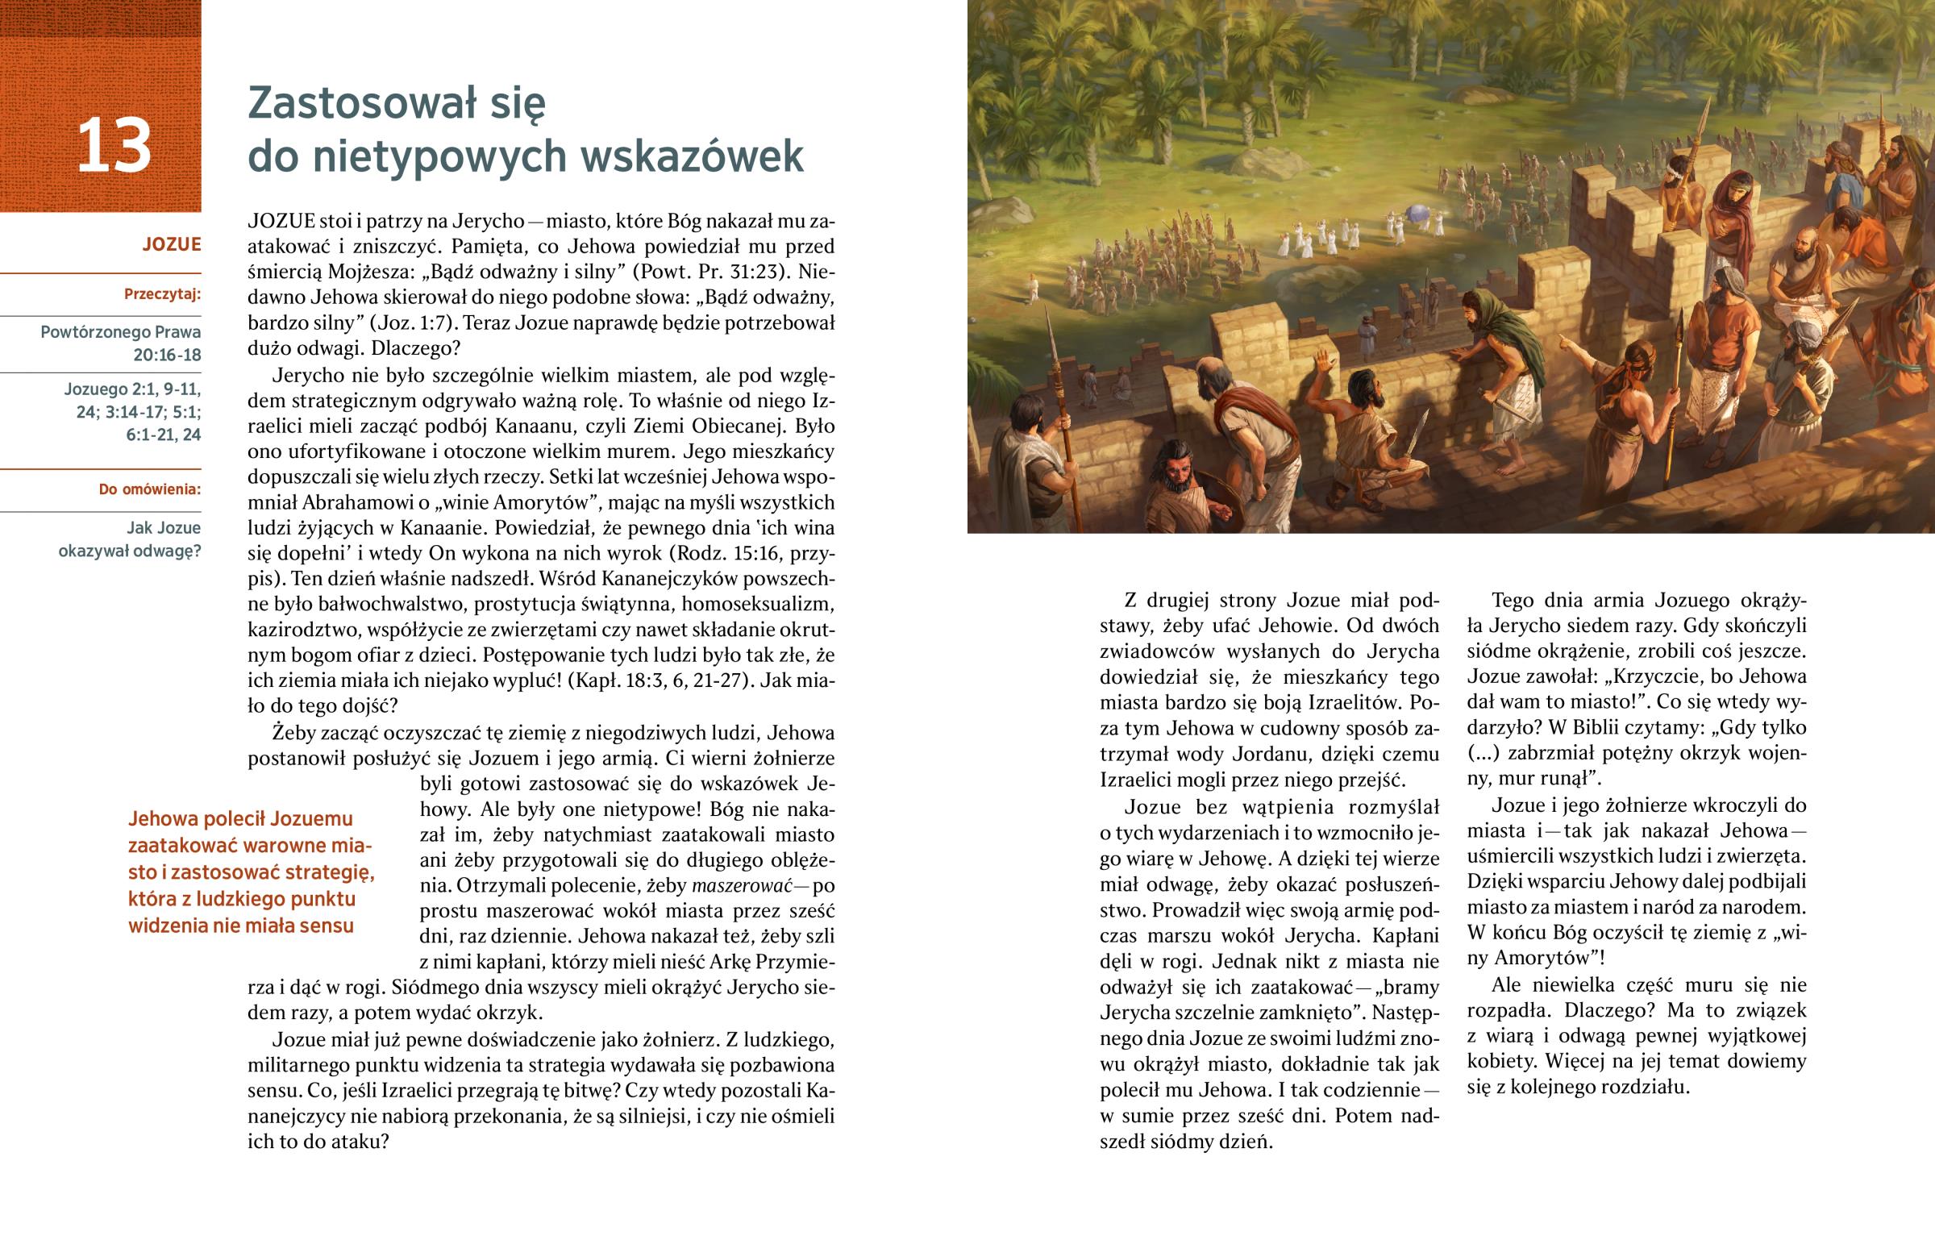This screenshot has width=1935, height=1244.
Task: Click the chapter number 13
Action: click(x=114, y=145)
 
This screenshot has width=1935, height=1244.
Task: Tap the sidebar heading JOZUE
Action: click(x=171, y=244)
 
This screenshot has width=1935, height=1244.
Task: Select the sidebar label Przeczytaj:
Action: click(x=162, y=294)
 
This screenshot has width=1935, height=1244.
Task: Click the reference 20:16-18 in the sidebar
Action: click(x=167, y=355)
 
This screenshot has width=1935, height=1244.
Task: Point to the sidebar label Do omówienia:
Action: click(x=149, y=489)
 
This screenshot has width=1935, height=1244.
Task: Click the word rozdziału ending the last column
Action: click(x=1633, y=1087)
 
